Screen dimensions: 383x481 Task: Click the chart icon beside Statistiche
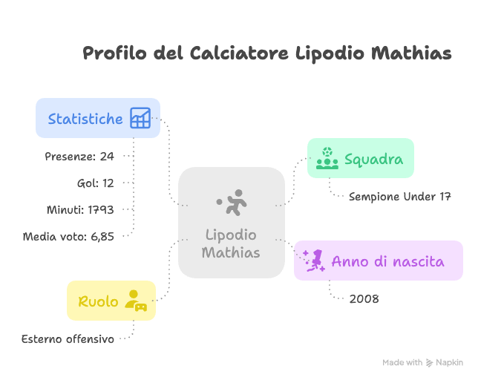[140, 118]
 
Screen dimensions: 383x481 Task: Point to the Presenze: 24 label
[79, 157]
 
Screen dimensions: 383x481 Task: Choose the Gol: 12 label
[95, 183]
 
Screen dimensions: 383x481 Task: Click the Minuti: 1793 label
[80, 210]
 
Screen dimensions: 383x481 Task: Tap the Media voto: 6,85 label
[68, 237]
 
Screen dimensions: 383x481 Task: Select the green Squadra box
[361, 158]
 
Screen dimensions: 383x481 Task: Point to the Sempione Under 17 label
[400, 197]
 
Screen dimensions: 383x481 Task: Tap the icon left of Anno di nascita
[313, 261]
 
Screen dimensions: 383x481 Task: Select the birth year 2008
[364, 299]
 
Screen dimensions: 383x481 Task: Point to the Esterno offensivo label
[68, 339]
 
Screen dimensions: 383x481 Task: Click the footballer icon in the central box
[232, 203]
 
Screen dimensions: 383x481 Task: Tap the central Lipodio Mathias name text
[231, 244]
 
